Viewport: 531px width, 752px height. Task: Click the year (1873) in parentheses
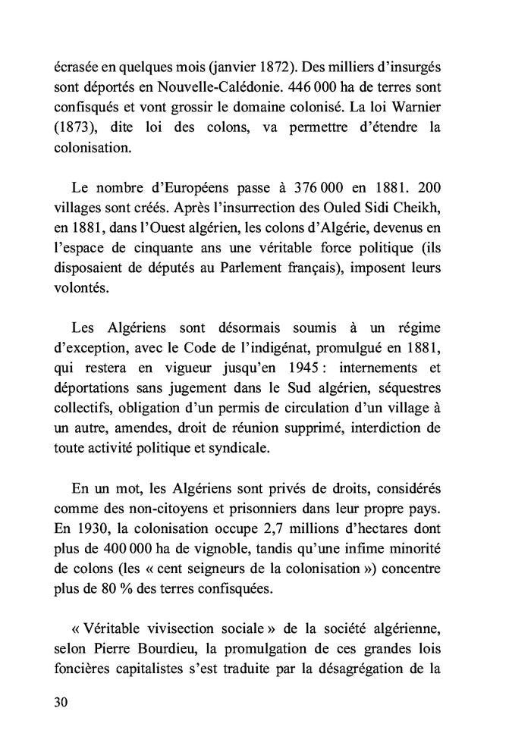pos(75,127)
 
